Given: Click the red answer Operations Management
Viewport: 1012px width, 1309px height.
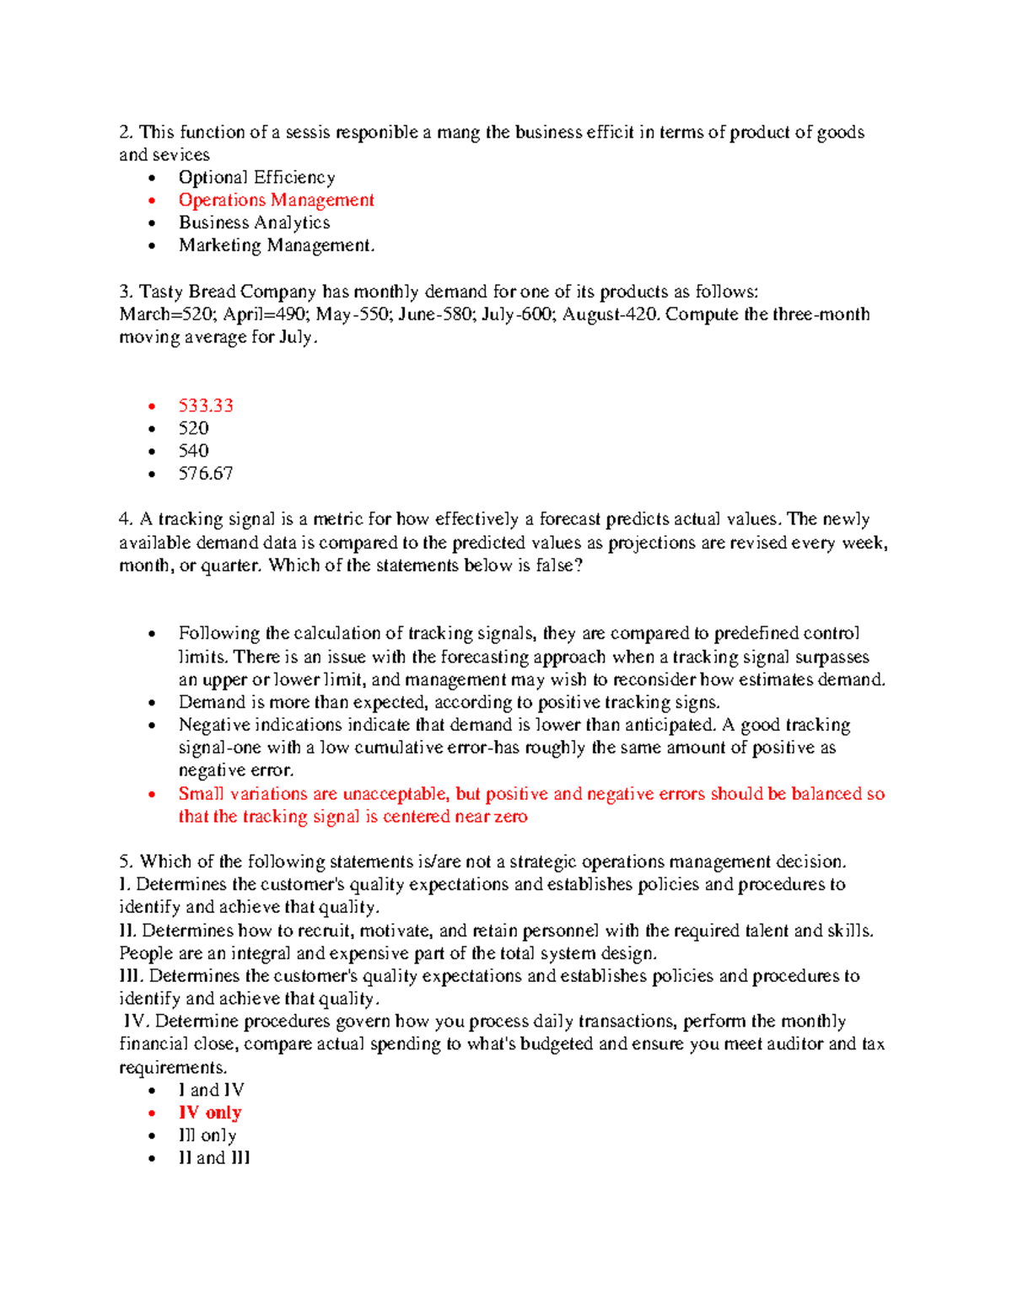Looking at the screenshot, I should click(276, 201).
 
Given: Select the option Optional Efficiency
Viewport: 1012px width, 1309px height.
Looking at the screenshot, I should click(256, 178).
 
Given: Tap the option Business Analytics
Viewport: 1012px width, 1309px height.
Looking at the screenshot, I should click(254, 223).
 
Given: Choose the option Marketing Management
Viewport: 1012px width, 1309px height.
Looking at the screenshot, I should click(277, 246).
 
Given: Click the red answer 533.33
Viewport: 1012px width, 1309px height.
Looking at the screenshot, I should click(206, 406).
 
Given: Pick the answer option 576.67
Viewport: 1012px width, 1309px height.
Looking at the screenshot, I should click(206, 474).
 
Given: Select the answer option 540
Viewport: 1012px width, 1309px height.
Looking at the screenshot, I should click(194, 451).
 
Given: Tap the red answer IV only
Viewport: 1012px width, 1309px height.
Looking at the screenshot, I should click(210, 1113).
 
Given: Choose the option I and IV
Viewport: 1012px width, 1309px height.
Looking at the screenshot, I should click(211, 1091).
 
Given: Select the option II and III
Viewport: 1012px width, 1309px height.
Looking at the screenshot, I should click(214, 1159).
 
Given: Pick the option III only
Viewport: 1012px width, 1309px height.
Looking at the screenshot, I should click(207, 1136).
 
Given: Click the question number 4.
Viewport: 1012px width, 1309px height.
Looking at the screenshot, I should click(126, 520).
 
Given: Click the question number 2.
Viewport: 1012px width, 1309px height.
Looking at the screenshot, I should click(126, 132).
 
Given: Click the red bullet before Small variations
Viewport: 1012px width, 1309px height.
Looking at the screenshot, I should click(152, 795).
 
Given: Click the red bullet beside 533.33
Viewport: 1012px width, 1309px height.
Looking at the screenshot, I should click(152, 407).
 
